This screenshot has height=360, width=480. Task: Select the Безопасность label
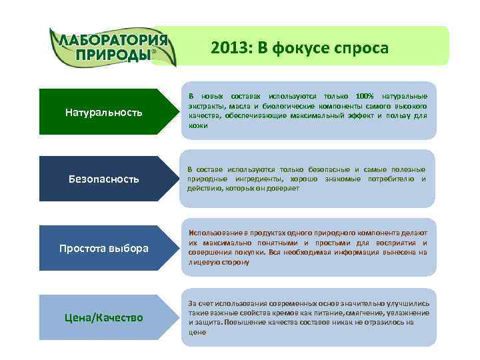103,179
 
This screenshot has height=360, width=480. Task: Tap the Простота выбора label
103,249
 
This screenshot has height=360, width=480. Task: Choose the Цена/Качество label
103,317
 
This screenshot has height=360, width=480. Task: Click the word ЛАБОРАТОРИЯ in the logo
113,39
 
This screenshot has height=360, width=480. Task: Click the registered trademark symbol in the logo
155,51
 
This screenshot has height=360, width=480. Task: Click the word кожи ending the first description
198,125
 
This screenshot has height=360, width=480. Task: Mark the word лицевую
204,263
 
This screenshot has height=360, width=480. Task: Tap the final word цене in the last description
197,331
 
